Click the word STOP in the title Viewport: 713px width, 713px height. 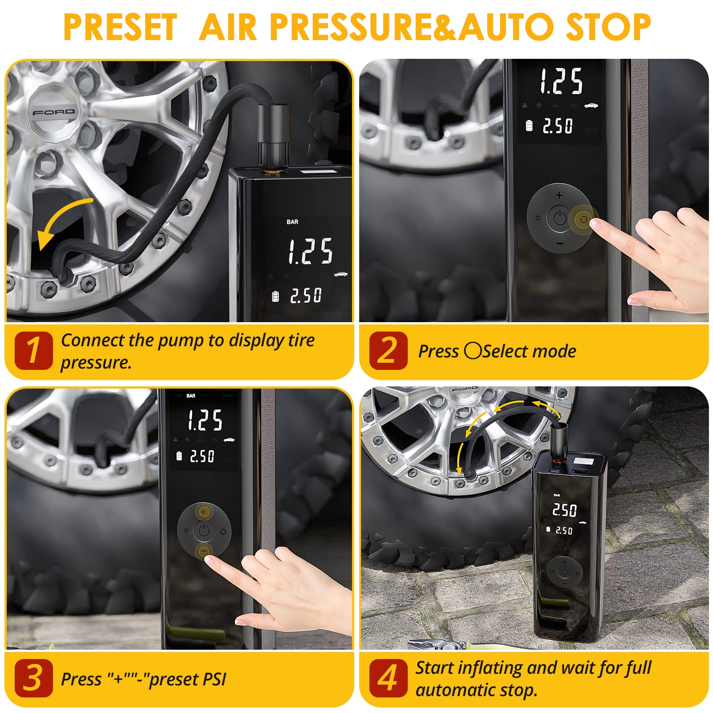[x=608, y=28]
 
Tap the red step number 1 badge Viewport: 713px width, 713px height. [x=33, y=351]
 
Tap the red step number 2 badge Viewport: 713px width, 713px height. [x=388, y=351]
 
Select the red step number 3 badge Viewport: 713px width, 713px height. [x=33, y=678]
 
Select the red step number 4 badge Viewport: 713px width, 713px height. [x=388, y=678]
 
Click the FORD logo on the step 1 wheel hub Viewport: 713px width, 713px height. [x=53, y=112]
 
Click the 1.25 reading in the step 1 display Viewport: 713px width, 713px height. [x=310, y=252]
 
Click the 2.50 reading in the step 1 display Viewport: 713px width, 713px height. [x=306, y=295]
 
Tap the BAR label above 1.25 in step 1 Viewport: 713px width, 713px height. [x=292, y=222]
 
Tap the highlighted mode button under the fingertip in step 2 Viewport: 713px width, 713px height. [x=583, y=219]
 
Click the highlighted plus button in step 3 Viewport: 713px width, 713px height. [x=204, y=512]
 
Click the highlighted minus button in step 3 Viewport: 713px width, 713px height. [x=204, y=551]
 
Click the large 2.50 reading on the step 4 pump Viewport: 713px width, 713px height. [x=564, y=510]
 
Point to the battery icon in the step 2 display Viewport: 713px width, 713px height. [x=529, y=126]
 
